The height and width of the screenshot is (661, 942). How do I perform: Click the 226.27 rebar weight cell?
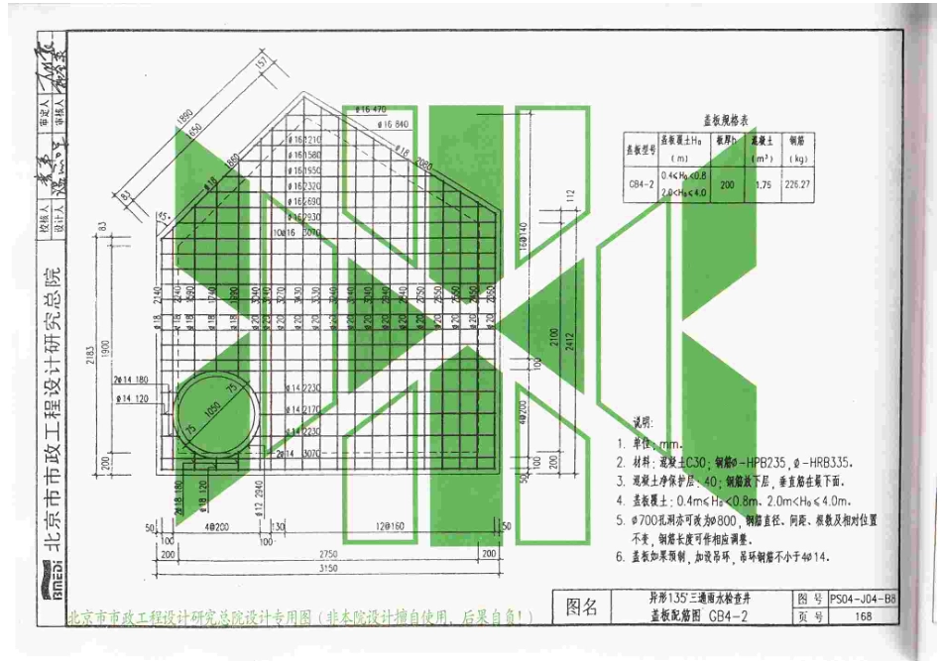pyautogui.click(x=803, y=183)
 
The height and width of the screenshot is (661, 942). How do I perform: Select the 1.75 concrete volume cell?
pyautogui.click(x=763, y=183)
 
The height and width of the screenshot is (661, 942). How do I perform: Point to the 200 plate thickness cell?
pyautogui.click(x=727, y=183)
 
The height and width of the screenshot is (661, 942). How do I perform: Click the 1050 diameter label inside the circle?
pyautogui.click(x=211, y=411)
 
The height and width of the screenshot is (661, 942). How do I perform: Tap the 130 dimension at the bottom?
pyautogui.click(x=279, y=525)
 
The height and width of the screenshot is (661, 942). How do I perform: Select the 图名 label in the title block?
pyautogui.click(x=582, y=606)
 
